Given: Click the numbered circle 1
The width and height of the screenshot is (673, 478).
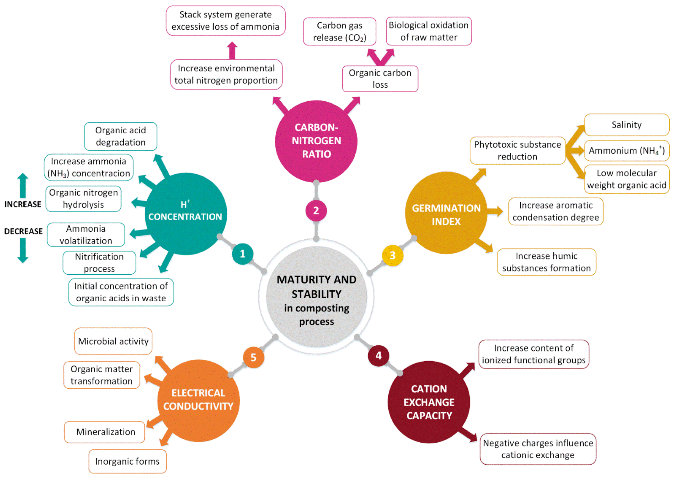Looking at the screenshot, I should click(x=242, y=254).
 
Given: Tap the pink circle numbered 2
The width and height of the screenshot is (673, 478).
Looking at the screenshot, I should click(x=316, y=211).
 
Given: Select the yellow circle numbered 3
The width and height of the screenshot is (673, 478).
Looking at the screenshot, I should click(x=392, y=255).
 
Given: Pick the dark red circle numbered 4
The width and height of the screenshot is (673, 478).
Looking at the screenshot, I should click(x=379, y=356).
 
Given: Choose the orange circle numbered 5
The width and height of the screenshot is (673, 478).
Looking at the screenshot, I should click(x=253, y=357).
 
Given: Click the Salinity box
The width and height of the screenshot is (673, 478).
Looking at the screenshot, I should click(x=626, y=125).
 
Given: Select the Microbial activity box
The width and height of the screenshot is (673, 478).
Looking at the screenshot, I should click(x=113, y=341).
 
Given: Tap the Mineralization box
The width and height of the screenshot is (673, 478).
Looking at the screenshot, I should click(x=105, y=432).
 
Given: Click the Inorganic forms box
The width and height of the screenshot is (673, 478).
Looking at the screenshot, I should click(x=127, y=461).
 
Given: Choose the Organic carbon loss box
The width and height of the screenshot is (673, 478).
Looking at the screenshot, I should click(x=380, y=79).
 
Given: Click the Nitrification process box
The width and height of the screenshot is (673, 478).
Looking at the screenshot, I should click(x=99, y=263).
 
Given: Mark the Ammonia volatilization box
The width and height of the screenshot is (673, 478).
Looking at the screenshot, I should click(x=86, y=235).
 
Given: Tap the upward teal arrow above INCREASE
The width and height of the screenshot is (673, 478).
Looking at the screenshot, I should click(x=23, y=185).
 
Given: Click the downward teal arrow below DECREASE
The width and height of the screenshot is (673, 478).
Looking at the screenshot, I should click(x=23, y=250).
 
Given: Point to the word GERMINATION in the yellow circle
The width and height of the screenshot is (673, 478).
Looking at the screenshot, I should click(x=446, y=208).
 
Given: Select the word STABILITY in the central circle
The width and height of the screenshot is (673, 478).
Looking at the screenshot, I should click(x=316, y=294).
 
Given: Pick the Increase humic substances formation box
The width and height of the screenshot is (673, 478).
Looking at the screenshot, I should click(x=546, y=262).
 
